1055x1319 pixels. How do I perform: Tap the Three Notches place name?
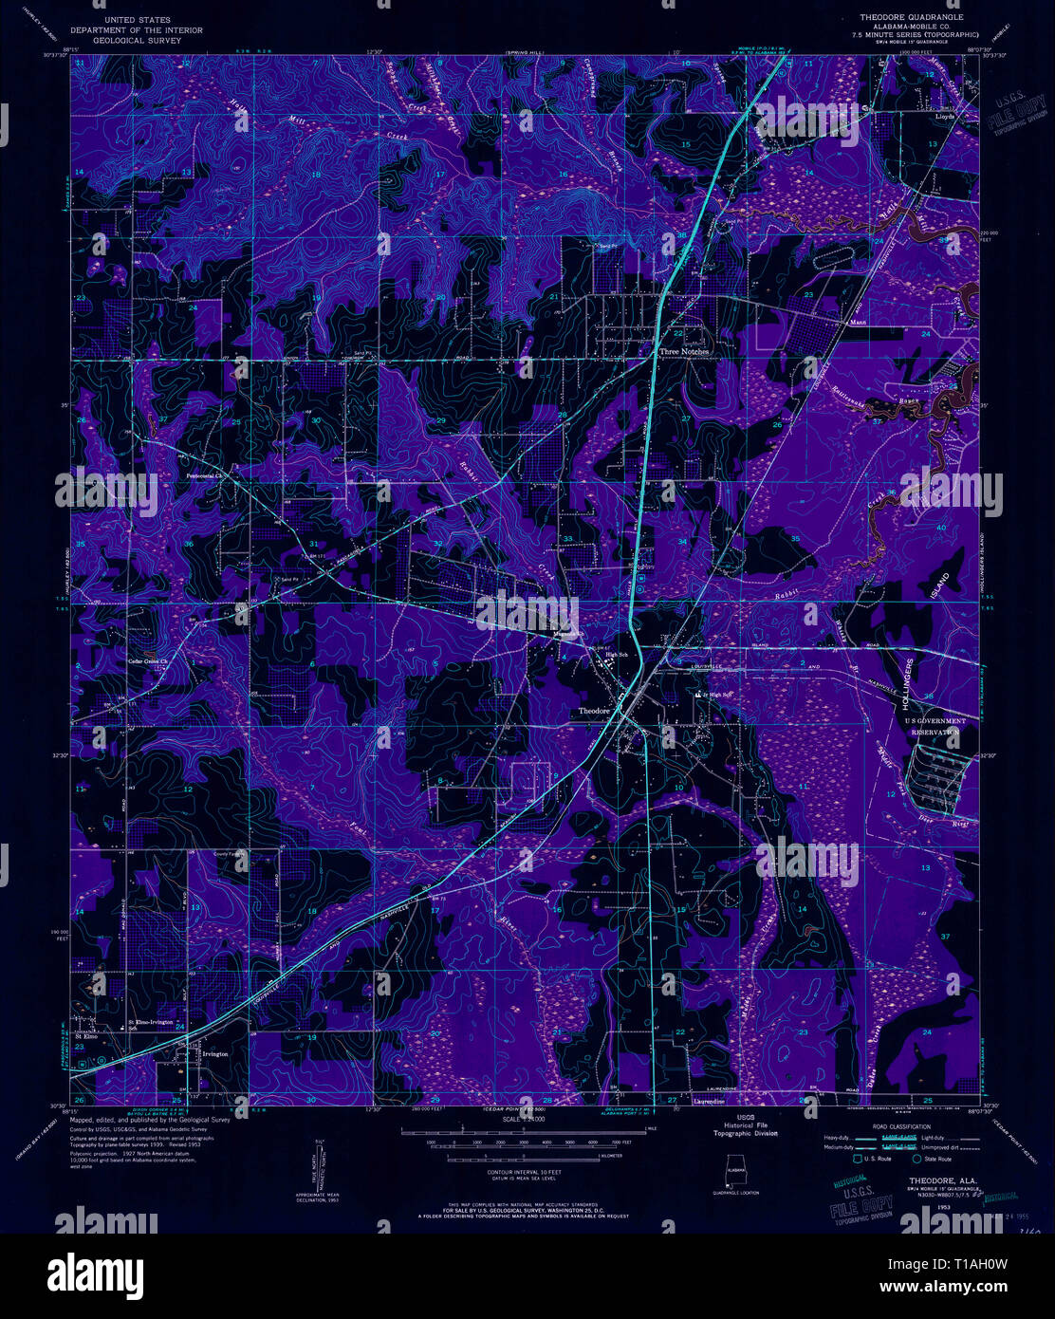(684, 351)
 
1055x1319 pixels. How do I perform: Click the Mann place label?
(859, 322)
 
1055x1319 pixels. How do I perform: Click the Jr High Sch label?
(719, 694)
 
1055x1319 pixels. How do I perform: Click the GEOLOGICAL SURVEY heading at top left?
(140, 41)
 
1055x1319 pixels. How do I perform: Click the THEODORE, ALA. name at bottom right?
(930, 1180)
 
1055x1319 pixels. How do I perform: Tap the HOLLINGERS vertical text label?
(911, 687)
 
